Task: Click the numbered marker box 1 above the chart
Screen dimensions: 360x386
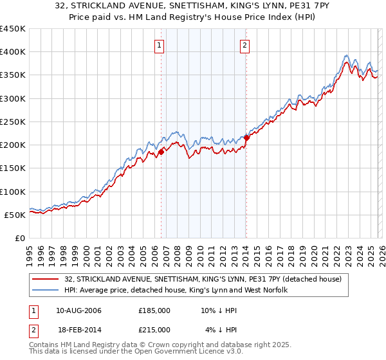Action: tap(159, 45)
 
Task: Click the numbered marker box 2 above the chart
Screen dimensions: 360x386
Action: tap(245, 45)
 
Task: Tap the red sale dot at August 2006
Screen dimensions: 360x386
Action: tap(161, 152)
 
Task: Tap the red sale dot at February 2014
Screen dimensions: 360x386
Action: tap(246, 138)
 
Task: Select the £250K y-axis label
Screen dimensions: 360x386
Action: tap(13, 122)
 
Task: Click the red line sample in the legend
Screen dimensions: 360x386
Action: tap(46, 279)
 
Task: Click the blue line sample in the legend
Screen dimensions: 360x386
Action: tap(46, 290)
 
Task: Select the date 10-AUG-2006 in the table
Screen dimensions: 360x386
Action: tap(78, 310)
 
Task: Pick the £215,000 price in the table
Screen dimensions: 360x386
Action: tap(154, 330)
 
